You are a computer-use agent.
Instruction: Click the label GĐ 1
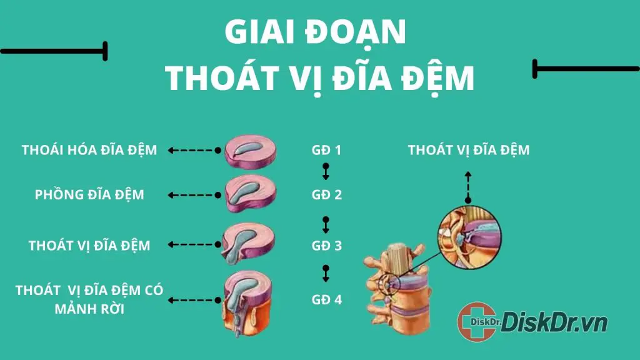tap(326, 150)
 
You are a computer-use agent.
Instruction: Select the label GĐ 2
tap(326, 194)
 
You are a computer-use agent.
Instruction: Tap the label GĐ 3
tap(326, 246)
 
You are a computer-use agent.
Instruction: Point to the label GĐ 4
tap(326, 299)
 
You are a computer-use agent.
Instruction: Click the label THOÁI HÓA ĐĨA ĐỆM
tap(89, 150)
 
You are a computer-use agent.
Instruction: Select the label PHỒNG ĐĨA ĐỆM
tap(89, 194)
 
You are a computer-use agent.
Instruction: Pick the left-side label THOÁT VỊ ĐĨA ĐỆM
tap(89, 246)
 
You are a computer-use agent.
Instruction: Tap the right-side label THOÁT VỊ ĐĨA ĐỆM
tap(469, 150)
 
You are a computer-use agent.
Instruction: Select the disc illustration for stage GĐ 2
tap(249, 194)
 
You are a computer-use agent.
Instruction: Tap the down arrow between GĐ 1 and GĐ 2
tap(326, 171)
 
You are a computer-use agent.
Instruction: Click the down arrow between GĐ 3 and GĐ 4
tap(326, 272)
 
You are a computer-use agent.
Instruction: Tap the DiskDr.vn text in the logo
tap(554, 322)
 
